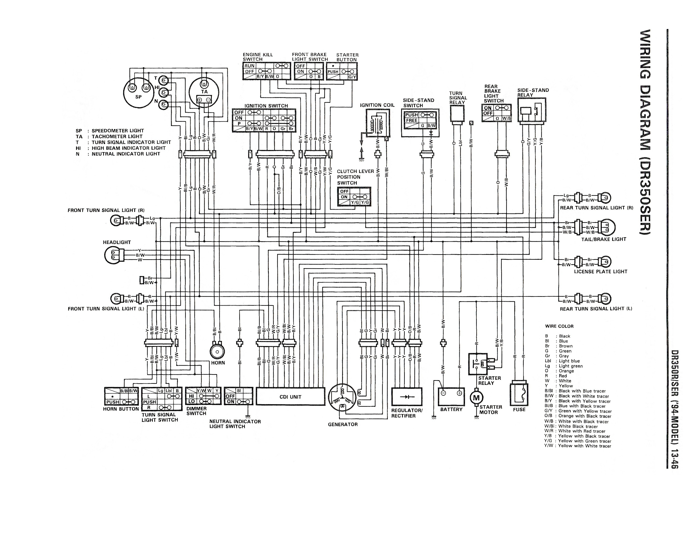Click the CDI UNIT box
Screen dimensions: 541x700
(290, 397)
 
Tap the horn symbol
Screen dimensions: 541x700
(217, 352)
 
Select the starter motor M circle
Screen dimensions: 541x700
(476, 398)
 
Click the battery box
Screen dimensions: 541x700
(451, 397)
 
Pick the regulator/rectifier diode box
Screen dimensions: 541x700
(407, 397)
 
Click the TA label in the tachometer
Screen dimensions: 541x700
(204, 92)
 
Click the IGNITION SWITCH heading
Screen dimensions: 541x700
(266, 106)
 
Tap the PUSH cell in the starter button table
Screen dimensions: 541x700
(333, 71)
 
